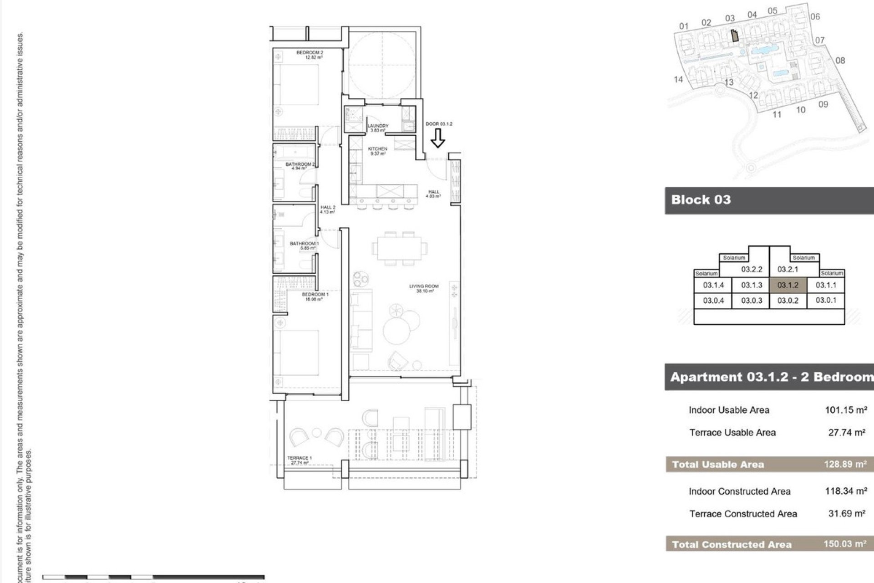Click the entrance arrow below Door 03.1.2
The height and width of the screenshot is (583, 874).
[437, 138]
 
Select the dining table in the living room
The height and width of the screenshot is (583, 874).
[399, 249]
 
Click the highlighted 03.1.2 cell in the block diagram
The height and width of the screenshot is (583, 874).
[788, 285]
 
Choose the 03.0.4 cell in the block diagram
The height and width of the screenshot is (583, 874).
[713, 301]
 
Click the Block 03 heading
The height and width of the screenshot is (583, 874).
[701, 199]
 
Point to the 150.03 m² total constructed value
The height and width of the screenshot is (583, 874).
[845, 544]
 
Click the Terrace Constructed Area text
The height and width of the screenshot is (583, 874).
[743, 514]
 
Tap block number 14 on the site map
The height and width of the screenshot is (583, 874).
[678, 80]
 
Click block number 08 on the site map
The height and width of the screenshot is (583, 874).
[840, 61]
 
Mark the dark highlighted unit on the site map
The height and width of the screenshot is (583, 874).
[734, 36]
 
